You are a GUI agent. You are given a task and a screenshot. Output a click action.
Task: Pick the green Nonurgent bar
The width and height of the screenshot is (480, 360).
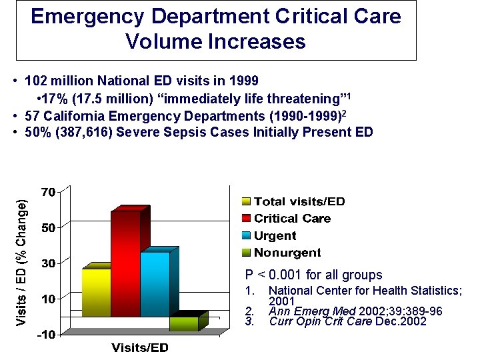coord(183,323)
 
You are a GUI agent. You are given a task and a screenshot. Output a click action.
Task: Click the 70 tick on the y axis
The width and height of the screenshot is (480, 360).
coord(47,192)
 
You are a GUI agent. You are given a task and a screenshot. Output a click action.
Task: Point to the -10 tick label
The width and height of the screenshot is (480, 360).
coord(45,334)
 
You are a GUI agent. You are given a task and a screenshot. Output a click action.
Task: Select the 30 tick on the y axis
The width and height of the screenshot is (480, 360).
coord(47,263)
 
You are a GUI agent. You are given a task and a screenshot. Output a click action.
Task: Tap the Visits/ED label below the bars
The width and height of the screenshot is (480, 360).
coord(140,348)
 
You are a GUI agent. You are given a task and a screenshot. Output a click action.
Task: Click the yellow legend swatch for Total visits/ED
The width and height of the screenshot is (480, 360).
coord(246,201)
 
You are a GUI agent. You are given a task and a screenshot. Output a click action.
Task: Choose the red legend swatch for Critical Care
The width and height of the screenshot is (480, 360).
coord(246,219)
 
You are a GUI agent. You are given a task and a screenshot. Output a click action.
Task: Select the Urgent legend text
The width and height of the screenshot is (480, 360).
coord(275,236)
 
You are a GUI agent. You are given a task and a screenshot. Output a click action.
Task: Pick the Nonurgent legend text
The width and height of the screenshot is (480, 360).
coord(287,253)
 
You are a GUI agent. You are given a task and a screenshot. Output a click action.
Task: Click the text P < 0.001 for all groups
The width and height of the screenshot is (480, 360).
coord(313,275)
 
